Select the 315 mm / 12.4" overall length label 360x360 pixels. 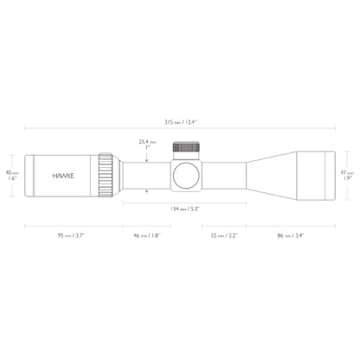coord(181,122)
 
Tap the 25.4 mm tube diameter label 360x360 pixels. coord(147,144)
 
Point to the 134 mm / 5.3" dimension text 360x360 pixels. coord(181,209)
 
